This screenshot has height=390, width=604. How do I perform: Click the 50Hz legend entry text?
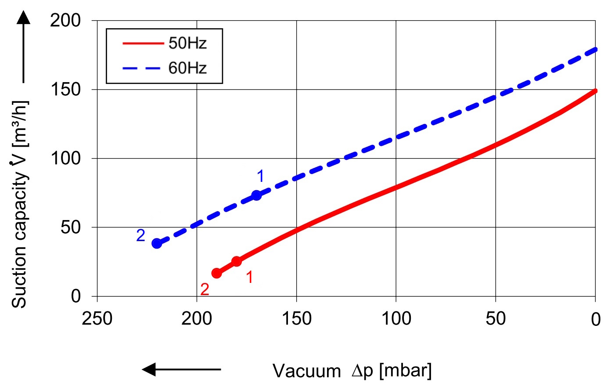[x=187, y=43]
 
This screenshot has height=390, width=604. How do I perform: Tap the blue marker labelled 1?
[x=257, y=195]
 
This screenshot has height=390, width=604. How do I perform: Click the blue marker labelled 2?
[x=157, y=243]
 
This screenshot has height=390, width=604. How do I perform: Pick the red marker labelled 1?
[x=237, y=261]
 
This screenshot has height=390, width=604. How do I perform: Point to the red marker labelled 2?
[x=216, y=273]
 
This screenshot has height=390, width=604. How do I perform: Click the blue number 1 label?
[x=260, y=176]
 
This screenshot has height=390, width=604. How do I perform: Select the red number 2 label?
[x=205, y=289]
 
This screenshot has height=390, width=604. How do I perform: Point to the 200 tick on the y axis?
[x=65, y=20]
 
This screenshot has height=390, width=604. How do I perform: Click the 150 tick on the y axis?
[x=65, y=90]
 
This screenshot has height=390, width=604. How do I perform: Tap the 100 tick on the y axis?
[x=65, y=158]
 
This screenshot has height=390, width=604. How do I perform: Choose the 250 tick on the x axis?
[x=97, y=318]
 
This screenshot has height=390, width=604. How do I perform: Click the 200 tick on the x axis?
[x=197, y=318]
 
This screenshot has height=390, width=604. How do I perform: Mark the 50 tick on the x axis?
[x=496, y=318]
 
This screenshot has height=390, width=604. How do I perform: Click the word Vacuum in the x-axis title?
[x=306, y=371]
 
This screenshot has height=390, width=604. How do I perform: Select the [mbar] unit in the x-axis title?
[x=405, y=370]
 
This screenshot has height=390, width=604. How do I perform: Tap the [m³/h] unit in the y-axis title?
[x=20, y=123]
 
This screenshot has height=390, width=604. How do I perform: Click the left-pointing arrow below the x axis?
[x=181, y=369]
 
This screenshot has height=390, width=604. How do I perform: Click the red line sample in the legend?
[x=142, y=43]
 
